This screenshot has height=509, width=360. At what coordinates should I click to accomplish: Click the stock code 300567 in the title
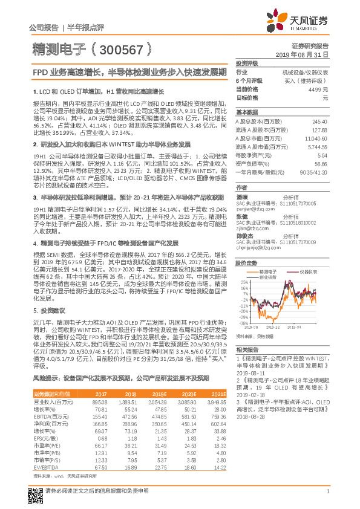[x=120, y=49]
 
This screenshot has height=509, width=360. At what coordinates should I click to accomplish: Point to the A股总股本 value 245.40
[x=319, y=121]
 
